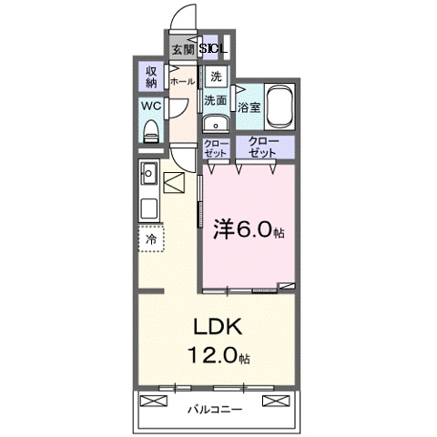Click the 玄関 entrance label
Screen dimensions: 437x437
pos(181,49)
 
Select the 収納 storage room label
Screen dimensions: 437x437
pos(150,76)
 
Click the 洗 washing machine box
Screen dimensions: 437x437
pos(215,76)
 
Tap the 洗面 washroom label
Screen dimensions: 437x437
pos(215,100)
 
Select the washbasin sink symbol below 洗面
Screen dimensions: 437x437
pos(215,124)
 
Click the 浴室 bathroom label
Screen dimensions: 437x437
pos(249,107)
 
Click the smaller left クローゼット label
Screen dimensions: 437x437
pos(216,148)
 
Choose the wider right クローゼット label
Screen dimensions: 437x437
pos(265,148)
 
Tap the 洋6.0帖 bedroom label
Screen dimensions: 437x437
pos(248,230)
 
